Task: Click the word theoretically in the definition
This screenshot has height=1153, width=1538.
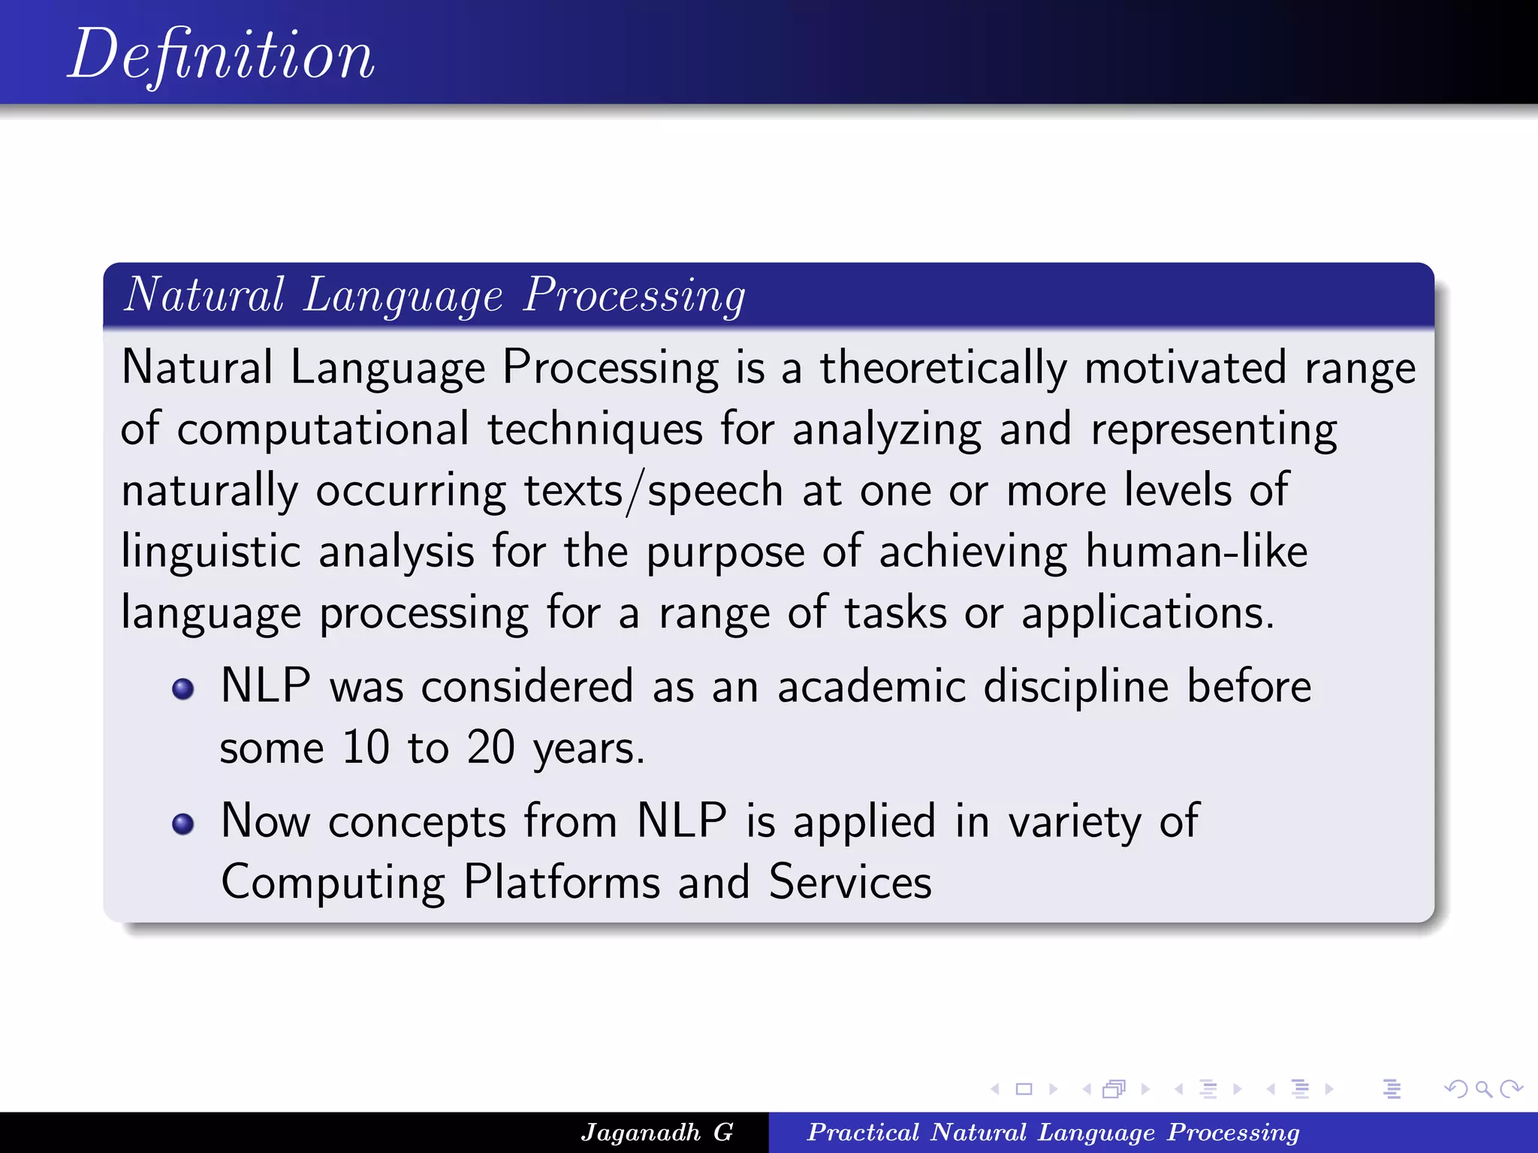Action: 942,368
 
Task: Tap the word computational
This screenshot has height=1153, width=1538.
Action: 323,429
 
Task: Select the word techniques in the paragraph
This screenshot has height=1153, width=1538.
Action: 595,429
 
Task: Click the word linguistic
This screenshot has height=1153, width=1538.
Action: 211,552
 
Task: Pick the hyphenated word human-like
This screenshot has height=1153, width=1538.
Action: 1196,552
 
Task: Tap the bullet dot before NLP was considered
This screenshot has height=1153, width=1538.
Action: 183,689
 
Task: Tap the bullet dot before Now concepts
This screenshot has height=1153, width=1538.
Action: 183,824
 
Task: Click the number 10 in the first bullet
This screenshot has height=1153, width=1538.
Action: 366,748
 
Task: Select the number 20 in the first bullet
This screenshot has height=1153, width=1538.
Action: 490,748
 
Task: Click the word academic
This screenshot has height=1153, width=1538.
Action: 871,687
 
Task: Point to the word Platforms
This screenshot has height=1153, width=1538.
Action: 561,882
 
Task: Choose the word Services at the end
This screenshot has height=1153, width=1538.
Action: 850,882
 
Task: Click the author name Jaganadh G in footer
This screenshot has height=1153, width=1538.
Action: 657,1132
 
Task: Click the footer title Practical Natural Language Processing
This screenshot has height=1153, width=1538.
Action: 1053,1132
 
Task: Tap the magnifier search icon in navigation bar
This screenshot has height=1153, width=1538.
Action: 1483,1088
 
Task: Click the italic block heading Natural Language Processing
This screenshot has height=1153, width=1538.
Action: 434,295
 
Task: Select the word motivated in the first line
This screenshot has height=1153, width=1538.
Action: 1185,368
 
